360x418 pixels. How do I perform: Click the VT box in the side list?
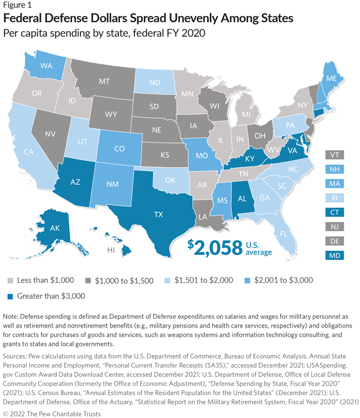click(x=335, y=154)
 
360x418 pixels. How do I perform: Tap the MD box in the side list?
click(x=335, y=255)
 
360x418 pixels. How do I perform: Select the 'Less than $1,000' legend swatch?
click(x=8, y=281)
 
